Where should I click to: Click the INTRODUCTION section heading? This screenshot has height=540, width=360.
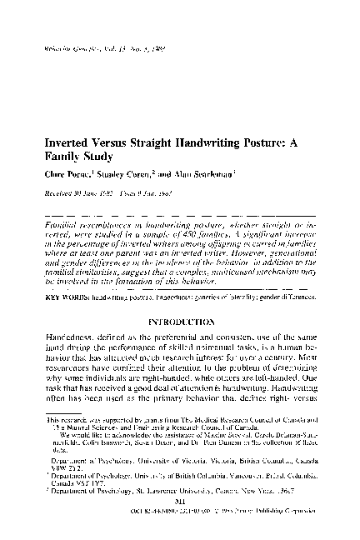(x=180, y=296)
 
